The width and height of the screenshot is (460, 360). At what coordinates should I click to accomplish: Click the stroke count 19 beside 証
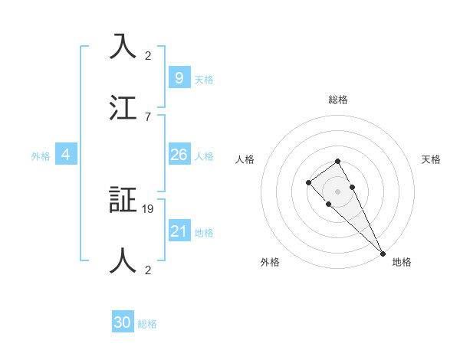[x=149, y=208]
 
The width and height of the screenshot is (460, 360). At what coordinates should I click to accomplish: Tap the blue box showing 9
[x=179, y=77]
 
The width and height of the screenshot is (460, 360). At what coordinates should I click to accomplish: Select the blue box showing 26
[x=179, y=155]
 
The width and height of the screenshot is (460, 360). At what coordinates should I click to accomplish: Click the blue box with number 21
[x=179, y=231]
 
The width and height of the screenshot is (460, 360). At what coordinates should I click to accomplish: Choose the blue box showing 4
[x=66, y=155]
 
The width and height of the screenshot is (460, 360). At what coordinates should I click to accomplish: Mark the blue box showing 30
[x=123, y=322]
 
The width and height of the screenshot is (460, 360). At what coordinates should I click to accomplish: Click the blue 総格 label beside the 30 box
[x=147, y=324]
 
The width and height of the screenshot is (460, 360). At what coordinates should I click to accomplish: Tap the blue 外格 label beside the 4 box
[x=41, y=156]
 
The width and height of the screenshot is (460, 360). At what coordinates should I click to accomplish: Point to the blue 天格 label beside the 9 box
[x=204, y=79]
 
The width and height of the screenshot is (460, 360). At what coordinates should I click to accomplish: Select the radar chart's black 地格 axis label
[x=402, y=262]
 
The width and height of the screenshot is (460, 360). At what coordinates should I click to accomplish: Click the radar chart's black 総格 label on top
[x=338, y=100]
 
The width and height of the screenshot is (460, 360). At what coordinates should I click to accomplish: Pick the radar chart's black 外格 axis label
[x=270, y=262]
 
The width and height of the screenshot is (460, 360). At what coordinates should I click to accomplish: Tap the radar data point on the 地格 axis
[x=383, y=253]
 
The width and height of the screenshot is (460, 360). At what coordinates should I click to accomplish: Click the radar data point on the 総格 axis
[x=337, y=161]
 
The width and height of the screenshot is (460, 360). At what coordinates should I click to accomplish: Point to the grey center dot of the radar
[x=337, y=191]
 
